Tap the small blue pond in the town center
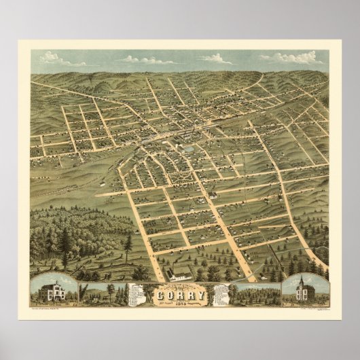click(x=188, y=148)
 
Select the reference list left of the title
click(x=138, y=294)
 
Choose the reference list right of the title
click(x=222, y=294)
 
